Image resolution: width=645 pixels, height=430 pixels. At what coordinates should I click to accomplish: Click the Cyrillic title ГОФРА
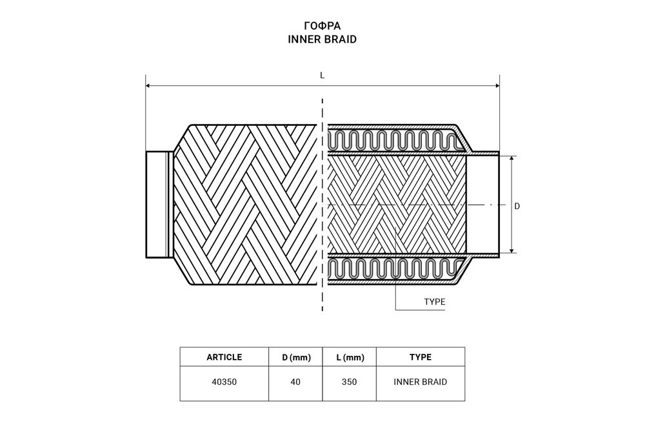(x=322, y=26)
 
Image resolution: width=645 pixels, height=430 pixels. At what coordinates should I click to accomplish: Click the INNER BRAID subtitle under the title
(x=322, y=39)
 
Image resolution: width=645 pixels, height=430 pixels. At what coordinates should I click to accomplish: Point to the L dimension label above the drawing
(x=322, y=76)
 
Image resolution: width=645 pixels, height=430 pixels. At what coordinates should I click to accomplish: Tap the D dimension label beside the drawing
(x=517, y=206)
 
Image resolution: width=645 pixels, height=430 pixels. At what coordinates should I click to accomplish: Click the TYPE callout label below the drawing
(x=435, y=302)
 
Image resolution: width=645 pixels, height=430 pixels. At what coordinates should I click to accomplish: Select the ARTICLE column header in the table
(x=224, y=357)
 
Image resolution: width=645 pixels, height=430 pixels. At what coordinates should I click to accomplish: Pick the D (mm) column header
(x=296, y=358)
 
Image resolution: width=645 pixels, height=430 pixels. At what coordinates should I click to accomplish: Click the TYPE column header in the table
(x=421, y=357)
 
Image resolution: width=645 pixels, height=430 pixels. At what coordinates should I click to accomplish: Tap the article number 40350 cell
(x=224, y=382)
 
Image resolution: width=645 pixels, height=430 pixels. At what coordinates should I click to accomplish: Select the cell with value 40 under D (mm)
(x=295, y=382)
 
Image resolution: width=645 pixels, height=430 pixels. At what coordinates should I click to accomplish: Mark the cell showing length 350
(x=349, y=382)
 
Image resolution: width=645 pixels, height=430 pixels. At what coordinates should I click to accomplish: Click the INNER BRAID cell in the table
(x=421, y=382)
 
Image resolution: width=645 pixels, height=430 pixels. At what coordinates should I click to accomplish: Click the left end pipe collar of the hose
(x=159, y=205)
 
